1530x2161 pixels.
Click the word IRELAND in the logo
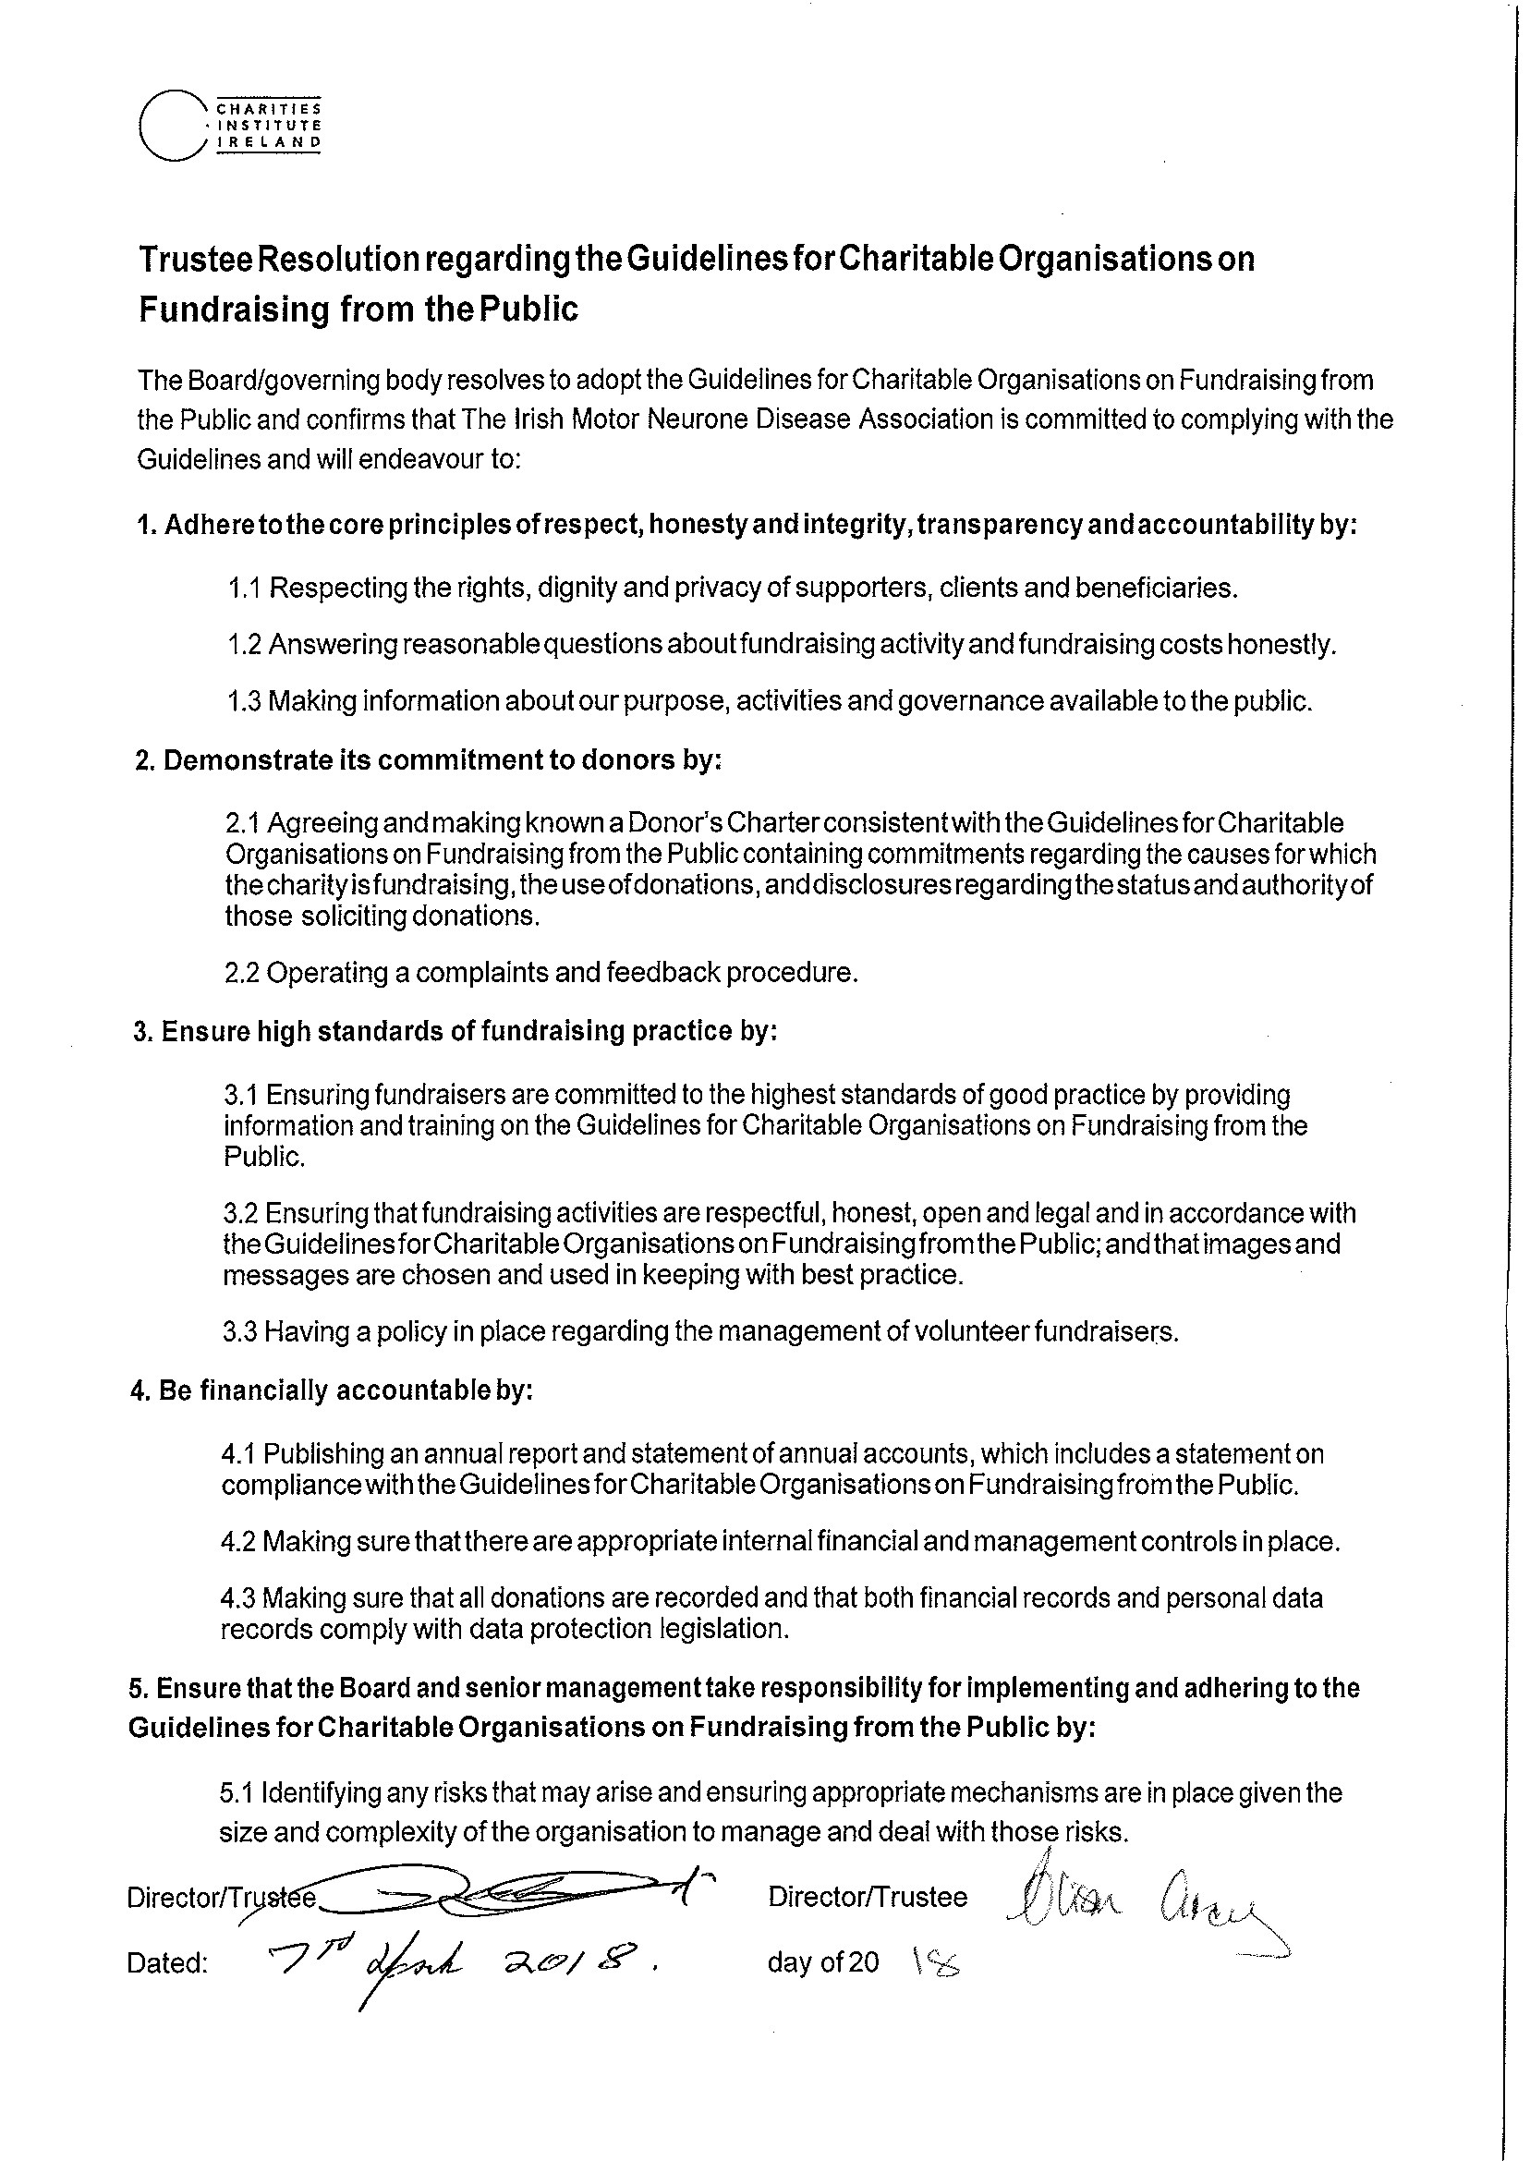point(270,142)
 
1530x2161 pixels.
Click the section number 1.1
point(244,589)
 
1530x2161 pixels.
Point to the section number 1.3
point(244,702)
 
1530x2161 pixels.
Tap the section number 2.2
point(242,973)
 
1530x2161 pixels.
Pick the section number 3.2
point(241,1213)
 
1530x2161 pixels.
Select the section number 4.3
point(238,1598)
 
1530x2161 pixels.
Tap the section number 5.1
point(237,1792)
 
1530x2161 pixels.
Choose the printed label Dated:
point(166,1964)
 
